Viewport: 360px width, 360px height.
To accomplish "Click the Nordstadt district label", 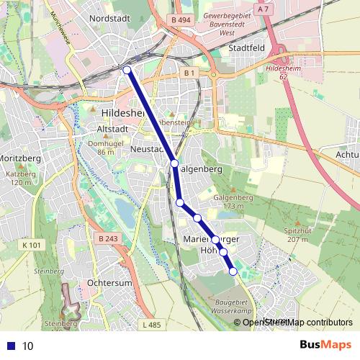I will coord(105,18).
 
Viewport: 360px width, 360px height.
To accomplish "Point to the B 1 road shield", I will coord(189,73).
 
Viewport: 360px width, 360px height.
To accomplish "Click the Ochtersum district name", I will coord(109,283).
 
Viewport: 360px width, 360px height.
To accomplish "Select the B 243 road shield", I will coord(109,239).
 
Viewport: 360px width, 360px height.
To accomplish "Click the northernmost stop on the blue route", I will coord(127,70).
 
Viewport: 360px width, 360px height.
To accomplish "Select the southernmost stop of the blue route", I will coord(233,271).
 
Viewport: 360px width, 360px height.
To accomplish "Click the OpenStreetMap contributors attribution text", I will coord(297,322).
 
